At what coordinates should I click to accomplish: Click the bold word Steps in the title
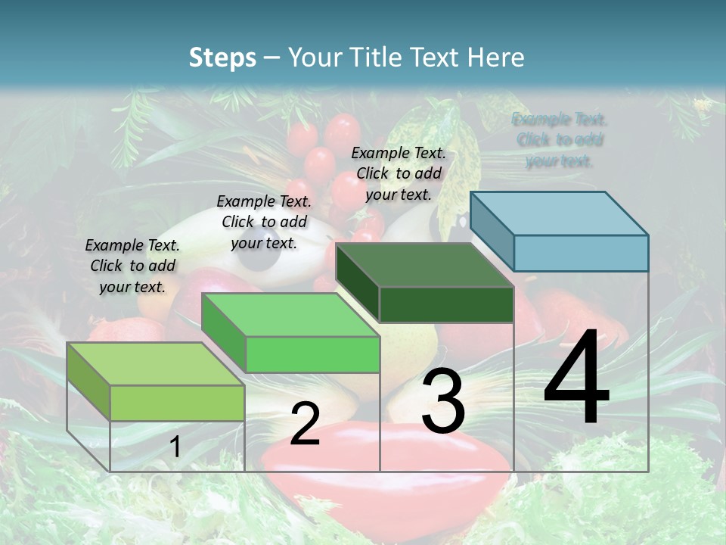(x=222, y=58)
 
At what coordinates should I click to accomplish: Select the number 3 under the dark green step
(x=443, y=401)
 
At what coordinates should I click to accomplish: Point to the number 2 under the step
(x=305, y=424)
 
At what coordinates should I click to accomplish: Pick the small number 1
(x=175, y=447)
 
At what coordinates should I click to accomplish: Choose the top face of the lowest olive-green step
(x=156, y=364)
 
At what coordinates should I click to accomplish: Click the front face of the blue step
(x=581, y=253)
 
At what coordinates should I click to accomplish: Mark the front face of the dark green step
(x=446, y=305)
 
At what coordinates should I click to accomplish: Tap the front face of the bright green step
(x=312, y=354)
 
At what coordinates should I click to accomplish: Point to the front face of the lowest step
(x=177, y=403)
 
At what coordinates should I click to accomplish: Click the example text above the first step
(x=132, y=266)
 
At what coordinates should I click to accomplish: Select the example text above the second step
(x=264, y=222)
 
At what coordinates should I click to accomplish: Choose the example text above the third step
(x=399, y=173)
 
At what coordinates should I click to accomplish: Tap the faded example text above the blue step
(x=560, y=140)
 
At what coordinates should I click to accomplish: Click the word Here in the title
(x=497, y=58)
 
